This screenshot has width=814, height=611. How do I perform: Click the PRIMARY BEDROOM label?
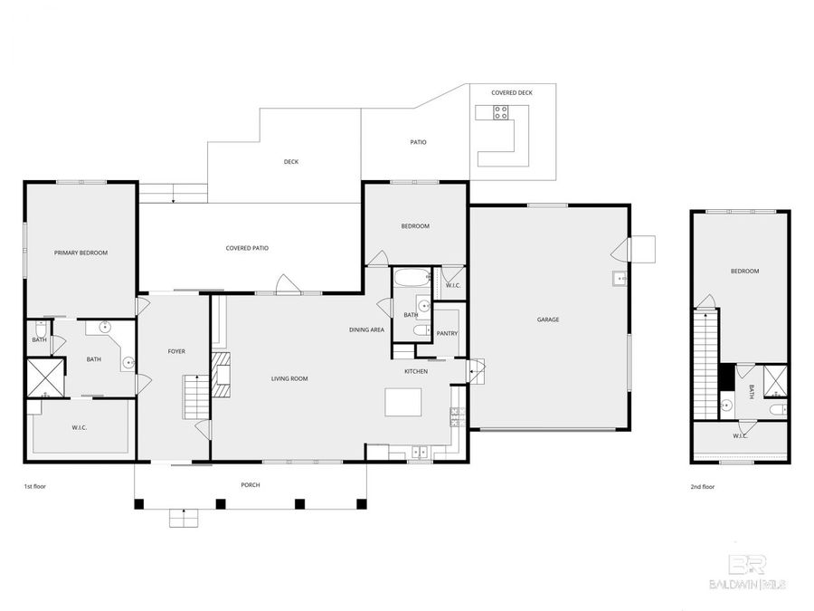coord(80,253)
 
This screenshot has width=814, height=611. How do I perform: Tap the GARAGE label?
coord(548,320)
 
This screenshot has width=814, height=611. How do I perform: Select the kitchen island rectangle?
coord(403,401)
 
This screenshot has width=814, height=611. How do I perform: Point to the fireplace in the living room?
coord(222,375)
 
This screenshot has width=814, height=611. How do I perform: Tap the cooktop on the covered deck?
coord(500,112)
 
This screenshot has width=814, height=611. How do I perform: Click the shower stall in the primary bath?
coord(45,378)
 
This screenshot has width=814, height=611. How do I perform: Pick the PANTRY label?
coord(447,333)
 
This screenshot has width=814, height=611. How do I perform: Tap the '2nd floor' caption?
coord(703,486)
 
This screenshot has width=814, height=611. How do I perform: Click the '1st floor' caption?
coord(34,486)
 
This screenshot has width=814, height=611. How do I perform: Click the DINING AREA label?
coord(366,329)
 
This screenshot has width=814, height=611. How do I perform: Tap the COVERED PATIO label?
coord(247,248)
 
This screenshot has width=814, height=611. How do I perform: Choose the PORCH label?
coord(251,485)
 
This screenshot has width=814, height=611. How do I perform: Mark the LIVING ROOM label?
coord(289,378)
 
